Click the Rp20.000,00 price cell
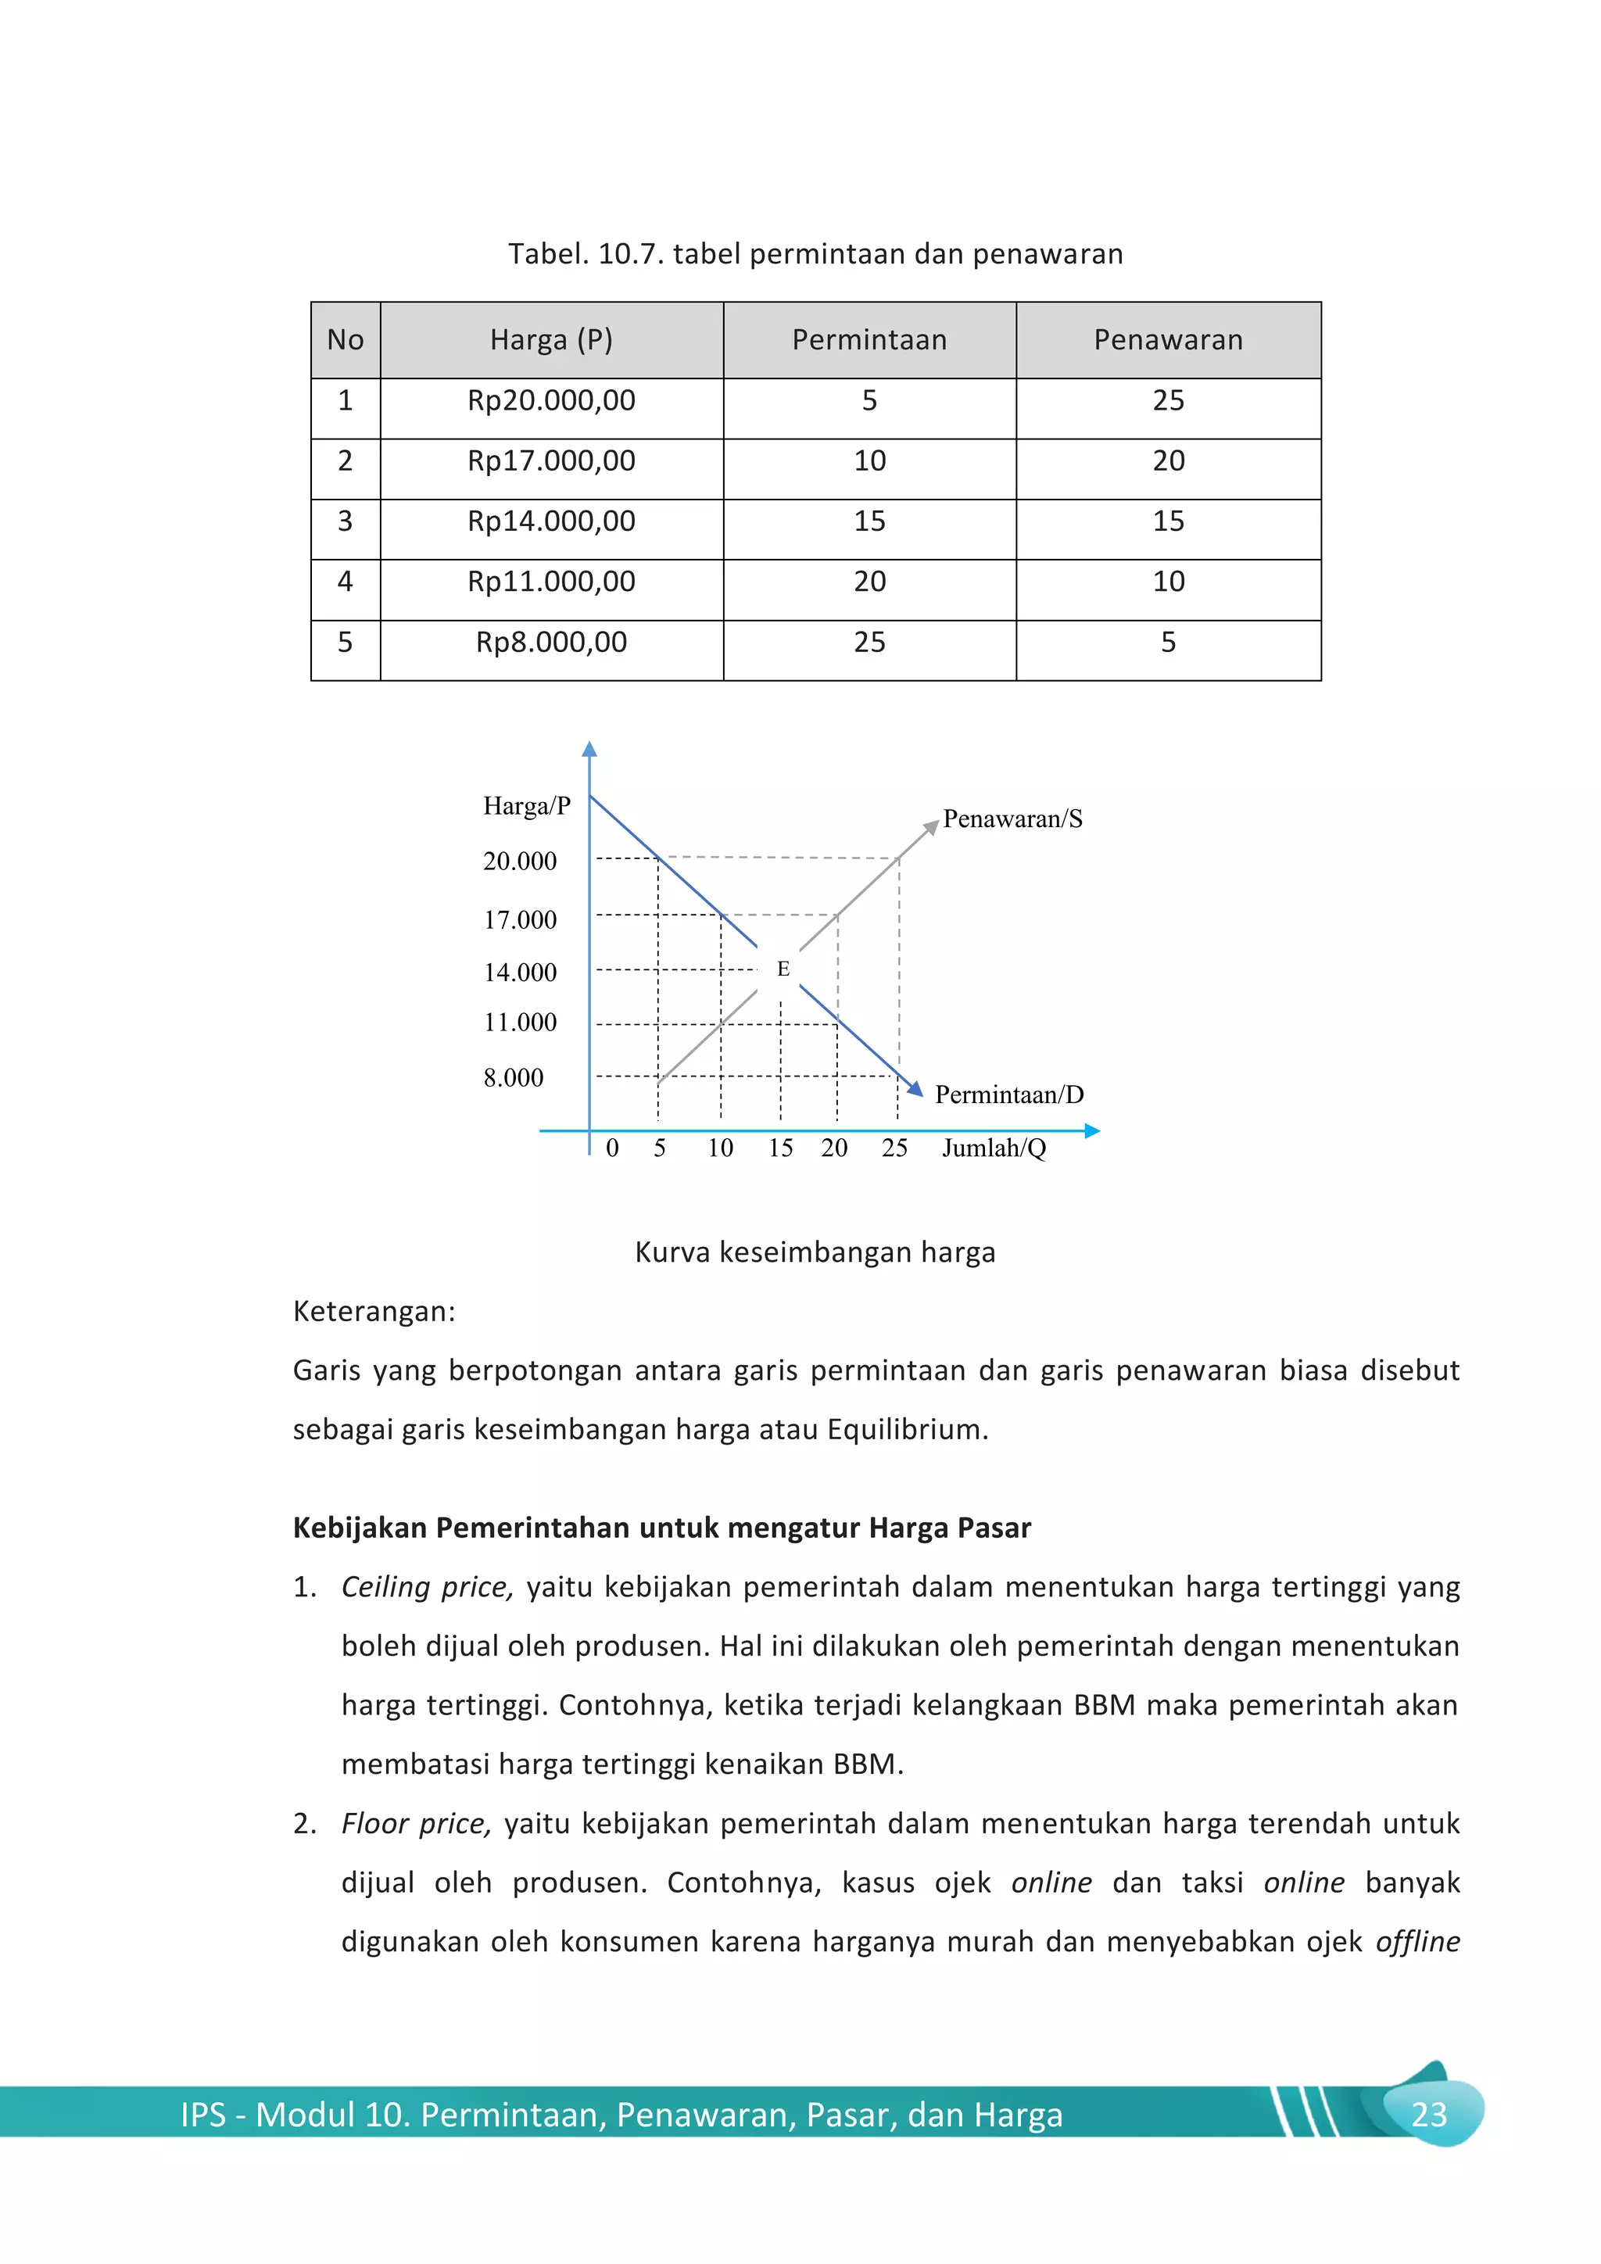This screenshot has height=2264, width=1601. click(x=551, y=401)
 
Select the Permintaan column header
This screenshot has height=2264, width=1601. click(x=869, y=340)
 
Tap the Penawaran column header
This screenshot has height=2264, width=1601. click(x=1167, y=340)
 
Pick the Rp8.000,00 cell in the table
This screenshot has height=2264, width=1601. click(x=551, y=643)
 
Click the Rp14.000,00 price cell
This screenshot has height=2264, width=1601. click(x=551, y=521)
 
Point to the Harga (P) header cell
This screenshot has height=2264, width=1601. click(x=551, y=340)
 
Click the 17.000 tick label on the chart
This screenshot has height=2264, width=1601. click(x=520, y=920)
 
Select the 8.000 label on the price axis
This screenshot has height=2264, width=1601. click(x=513, y=1078)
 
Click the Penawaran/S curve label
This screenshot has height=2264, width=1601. click(x=1012, y=819)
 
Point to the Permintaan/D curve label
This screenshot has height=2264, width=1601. click(x=1008, y=1095)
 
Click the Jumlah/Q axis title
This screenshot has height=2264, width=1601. click(x=993, y=1148)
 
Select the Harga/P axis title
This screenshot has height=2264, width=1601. click(x=526, y=807)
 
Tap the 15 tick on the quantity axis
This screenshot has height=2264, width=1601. click(x=780, y=1148)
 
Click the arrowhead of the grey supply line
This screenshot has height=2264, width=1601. click(x=930, y=827)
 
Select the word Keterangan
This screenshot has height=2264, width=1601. click(x=374, y=1312)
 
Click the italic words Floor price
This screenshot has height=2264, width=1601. click(x=415, y=1824)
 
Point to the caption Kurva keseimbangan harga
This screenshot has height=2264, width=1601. click(x=815, y=1252)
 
